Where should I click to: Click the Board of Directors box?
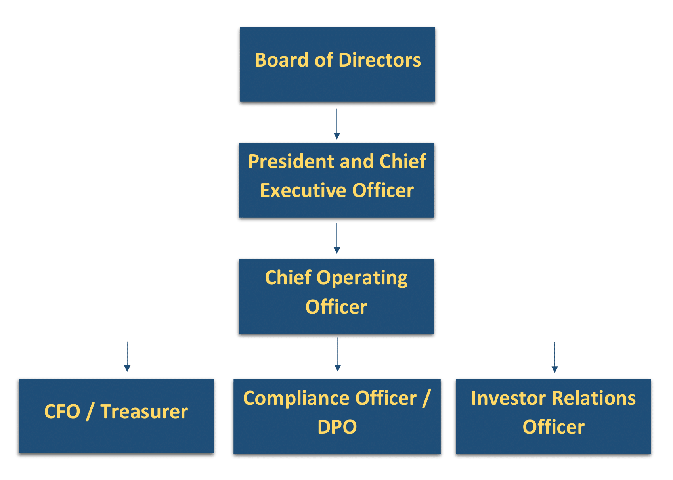[337, 65]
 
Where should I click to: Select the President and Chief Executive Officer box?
[337, 180]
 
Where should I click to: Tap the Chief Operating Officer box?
[336, 296]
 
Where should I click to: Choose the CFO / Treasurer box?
[116, 416]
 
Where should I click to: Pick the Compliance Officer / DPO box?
[337, 417]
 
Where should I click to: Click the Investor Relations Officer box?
[553, 417]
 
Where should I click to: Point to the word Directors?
[380, 60]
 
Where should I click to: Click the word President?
[292, 161]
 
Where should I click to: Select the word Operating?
[362, 278]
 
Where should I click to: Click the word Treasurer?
[144, 411]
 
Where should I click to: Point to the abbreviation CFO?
[62, 411]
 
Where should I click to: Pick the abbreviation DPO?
[337, 427]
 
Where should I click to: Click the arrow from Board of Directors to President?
[337, 124]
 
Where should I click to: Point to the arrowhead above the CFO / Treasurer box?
[127, 368]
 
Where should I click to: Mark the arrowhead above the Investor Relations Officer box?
[554, 369]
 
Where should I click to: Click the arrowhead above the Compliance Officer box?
[338, 368]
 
